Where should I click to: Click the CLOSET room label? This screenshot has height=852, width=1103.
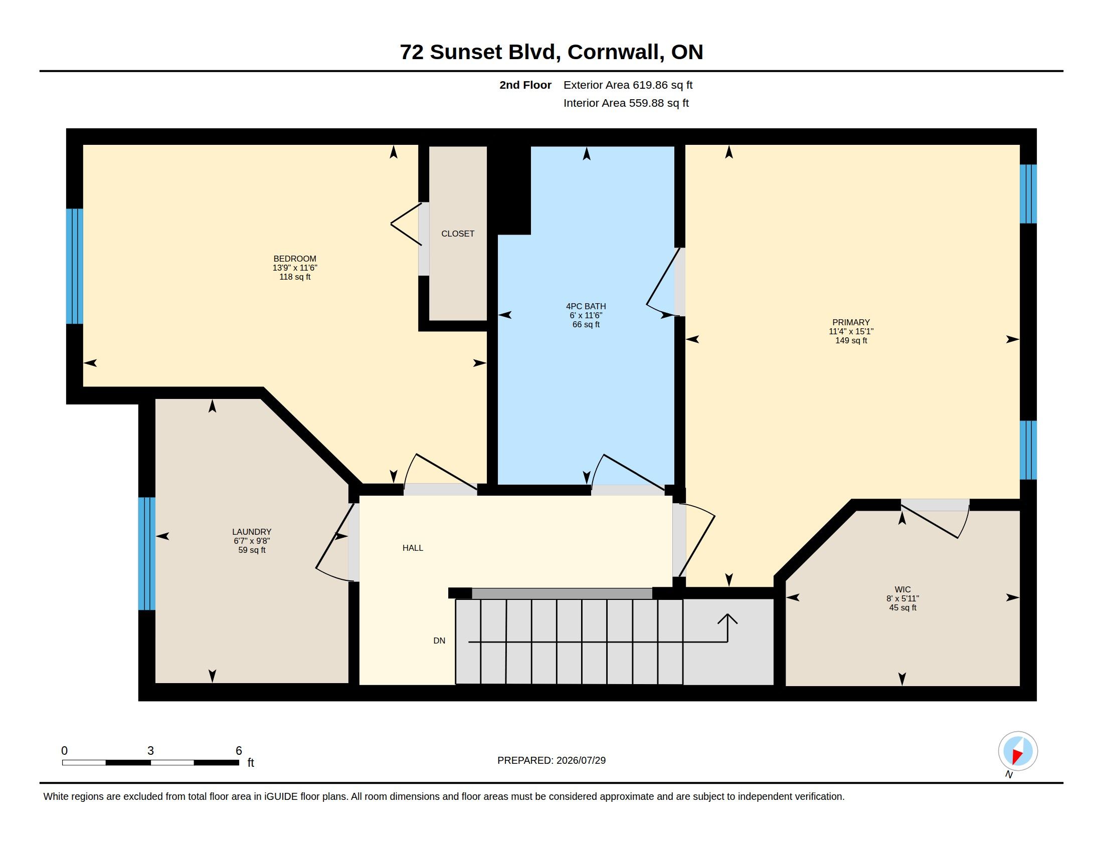click(x=458, y=234)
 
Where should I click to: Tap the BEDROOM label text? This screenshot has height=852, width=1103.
click(x=295, y=259)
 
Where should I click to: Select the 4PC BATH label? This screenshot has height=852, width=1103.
click(x=586, y=306)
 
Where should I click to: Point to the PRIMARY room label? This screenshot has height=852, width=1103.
click(x=851, y=323)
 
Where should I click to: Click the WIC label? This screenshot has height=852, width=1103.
click(x=902, y=589)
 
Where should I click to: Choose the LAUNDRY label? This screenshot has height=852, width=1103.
click(x=252, y=532)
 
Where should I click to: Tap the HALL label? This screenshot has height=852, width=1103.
click(x=413, y=548)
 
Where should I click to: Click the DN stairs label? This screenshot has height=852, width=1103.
click(x=439, y=641)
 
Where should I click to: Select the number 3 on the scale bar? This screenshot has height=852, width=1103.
click(x=150, y=751)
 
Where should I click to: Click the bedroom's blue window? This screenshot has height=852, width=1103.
click(x=74, y=266)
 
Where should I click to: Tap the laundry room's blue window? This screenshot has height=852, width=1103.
click(x=146, y=554)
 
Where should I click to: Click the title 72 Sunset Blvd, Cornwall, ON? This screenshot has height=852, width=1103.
click(x=551, y=52)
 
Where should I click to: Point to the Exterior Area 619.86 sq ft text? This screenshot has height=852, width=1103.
click(x=628, y=85)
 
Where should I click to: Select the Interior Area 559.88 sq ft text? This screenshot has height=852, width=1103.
click(x=626, y=103)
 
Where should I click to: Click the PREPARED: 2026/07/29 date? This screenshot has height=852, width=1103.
click(x=551, y=761)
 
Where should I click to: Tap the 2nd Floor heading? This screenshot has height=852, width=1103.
click(x=525, y=85)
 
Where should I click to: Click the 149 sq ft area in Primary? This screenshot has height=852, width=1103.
click(x=851, y=341)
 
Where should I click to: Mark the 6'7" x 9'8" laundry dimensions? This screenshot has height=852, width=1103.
click(x=252, y=541)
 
